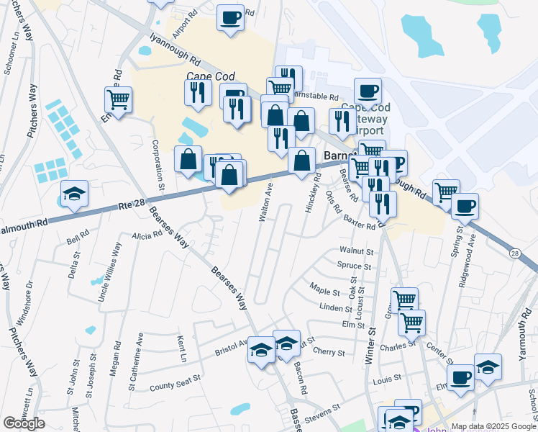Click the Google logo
click(24, 423)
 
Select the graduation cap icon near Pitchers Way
click(74, 194)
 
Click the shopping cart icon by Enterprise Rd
click(118, 99)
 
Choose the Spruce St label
click(354, 266)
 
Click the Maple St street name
click(324, 292)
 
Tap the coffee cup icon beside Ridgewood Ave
click(465, 206)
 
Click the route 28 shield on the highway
click(514, 253)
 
